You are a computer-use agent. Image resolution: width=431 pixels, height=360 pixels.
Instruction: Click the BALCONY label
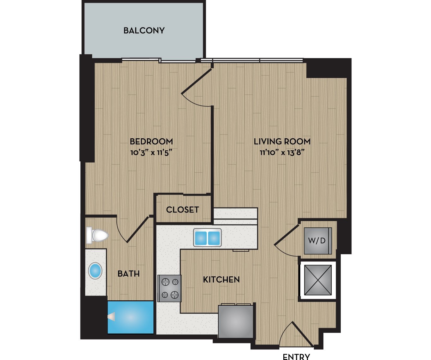pyautogui.click(x=144, y=31)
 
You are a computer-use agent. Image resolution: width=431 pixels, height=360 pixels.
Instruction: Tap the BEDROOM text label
pyautogui.click(x=151, y=141)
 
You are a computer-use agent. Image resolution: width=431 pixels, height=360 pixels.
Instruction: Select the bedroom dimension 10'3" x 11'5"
pyautogui.click(x=151, y=153)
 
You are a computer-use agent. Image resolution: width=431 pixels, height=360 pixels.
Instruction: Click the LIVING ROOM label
pyautogui.click(x=282, y=141)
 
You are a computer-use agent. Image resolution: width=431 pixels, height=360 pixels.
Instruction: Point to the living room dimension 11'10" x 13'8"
pyautogui.click(x=282, y=153)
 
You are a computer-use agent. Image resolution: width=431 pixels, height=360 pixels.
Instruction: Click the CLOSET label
pyautogui.click(x=182, y=210)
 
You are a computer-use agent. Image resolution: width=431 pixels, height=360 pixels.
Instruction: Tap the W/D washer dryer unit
pyautogui.click(x=317, y=241)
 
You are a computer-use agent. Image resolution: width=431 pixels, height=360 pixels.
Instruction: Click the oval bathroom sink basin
pyautogui.click(x=95, y=271)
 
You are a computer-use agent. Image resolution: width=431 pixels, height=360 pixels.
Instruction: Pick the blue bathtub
pyautogui.click(x=131, y=317)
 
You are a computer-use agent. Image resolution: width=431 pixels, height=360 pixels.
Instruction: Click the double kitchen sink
pyautogui.click(x=207, y=237)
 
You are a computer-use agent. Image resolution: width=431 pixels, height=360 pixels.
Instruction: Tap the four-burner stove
pyautogui.click(x=169, y=288)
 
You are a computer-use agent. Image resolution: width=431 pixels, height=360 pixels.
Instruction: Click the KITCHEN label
pyautogui.click(x=221, y=279)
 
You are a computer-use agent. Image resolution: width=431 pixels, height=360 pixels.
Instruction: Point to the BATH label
pyautogui.click(x=128, y=273)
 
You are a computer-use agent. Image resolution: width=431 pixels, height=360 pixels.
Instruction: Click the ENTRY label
pyautogui.click(x=296, y=357)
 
